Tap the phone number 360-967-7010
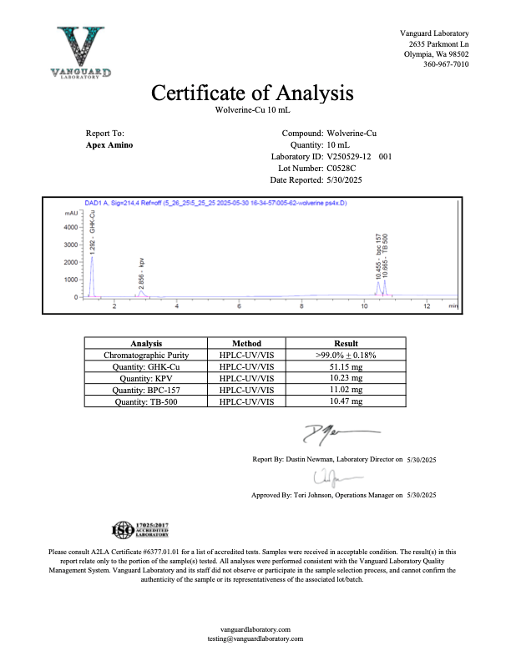pos(446,64)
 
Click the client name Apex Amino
pos(109,144)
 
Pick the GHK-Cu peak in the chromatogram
pos(92,259)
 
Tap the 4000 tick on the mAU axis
pos(71,227)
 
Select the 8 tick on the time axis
pos(301,306)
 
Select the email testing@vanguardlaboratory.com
pos(255,638)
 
